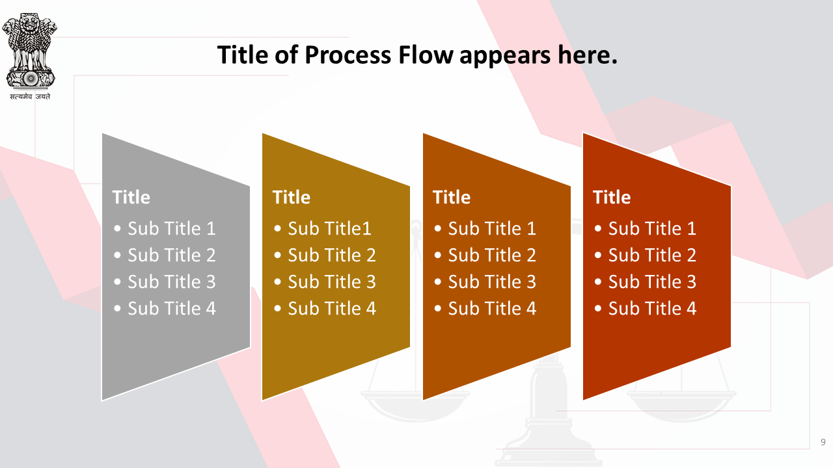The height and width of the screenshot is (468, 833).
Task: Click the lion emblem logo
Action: tap(30, 51)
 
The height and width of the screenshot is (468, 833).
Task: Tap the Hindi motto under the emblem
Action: tap(30, 97)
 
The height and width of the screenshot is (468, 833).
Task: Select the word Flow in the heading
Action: tap(426, 55)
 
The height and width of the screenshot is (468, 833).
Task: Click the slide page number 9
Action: tap(823, 442)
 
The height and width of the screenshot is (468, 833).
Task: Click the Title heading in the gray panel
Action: tap(131, 197)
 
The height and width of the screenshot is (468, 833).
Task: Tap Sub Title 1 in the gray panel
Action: tap(172, 228)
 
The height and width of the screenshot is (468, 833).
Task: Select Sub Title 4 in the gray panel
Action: tap(172, 309)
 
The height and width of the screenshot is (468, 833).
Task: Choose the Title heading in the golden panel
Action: tap(292, 197)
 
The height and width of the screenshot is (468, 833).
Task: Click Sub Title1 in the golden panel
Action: tap(329, 228)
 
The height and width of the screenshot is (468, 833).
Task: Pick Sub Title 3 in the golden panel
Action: tap(332, 282)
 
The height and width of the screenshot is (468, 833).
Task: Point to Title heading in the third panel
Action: tap(452, 197)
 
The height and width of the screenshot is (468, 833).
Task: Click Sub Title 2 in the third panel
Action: tap(492, 255)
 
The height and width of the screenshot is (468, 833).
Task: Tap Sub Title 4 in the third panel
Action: tap(492, 309)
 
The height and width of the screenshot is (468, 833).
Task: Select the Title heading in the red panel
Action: tap(612, 197)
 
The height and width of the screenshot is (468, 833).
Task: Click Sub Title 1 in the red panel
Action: tap(652, 228)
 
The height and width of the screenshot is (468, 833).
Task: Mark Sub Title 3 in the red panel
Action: tap(652, 282)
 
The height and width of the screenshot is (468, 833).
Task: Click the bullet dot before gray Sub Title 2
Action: tap(118, 255)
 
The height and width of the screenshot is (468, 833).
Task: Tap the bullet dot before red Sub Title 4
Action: tap(598, 309)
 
